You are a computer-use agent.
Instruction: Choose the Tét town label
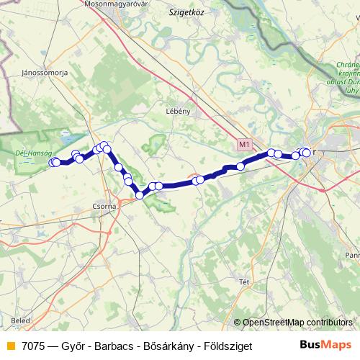pyautogui.click(x=243, y=281)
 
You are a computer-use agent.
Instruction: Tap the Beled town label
pyautogui.click(x=21, y=318)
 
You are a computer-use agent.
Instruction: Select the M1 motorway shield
pyautogui.click(x=245, y=145)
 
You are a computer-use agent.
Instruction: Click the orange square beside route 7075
pyautogui.click(x=9, y=345)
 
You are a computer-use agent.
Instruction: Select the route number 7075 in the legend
pyautogui.click(x=35, y=345)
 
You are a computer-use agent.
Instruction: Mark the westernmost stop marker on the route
pyautogui.click(x=53, y=163)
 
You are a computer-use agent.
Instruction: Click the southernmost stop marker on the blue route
pyautogui.click(x=140, y=195)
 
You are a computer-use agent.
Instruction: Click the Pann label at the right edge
pyautogui.click(x=352, y=255)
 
